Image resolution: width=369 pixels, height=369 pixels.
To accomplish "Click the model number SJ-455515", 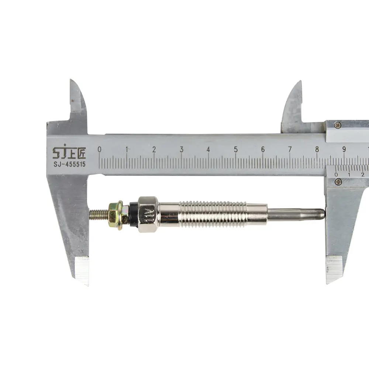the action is pos(69,164).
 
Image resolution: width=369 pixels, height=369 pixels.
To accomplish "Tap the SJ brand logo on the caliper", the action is pos(69,152).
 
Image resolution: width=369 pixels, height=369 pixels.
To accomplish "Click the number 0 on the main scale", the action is pos(100,149).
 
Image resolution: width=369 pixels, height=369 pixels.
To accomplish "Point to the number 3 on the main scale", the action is pos(182,149).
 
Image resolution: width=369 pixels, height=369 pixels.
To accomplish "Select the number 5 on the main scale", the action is pos(235,149).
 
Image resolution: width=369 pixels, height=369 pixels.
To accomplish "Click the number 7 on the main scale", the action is pos(290,149).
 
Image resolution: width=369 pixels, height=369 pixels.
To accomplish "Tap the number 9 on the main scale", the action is pos(344,149).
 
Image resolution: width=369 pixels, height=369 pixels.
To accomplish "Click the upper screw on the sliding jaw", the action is pos(338,124).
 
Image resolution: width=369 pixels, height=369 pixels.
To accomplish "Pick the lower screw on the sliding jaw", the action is pos(338,181).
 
